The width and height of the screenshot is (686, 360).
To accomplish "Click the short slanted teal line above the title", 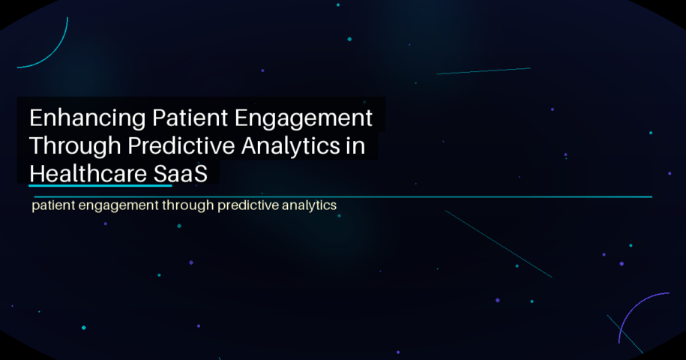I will [484, 71].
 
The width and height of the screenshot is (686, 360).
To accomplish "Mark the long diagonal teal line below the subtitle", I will [499, 244].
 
